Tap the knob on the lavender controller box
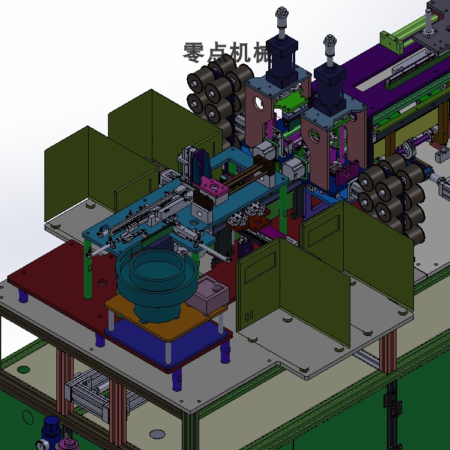[217, 286]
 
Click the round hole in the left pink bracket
[259, 103]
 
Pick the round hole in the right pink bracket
[314, 136]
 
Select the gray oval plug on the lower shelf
[157, 434]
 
